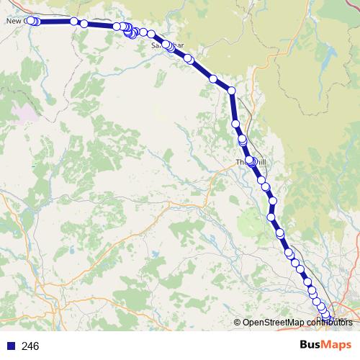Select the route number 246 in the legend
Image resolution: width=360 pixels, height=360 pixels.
pos(30,346)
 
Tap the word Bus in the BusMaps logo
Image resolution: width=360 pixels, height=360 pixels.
pos(311,345)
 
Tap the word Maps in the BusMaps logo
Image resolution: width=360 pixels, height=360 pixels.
pos(336,345)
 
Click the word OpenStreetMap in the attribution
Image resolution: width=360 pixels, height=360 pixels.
pos(274,322)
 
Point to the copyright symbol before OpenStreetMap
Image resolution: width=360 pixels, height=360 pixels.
pos(238,322)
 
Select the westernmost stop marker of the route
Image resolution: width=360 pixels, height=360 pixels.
pos(30,21)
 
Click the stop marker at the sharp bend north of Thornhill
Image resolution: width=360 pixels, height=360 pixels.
pos(231,90)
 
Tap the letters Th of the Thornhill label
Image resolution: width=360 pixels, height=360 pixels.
pos(240,163)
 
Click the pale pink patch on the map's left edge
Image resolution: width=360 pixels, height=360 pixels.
pos(25,112)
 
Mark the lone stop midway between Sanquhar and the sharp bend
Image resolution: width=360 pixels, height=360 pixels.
pos(213,78)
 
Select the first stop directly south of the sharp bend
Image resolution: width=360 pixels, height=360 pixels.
pos(235,124)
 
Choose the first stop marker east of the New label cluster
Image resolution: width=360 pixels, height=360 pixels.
pos(73,22)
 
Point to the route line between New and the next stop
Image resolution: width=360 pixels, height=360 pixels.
pos(54,22)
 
